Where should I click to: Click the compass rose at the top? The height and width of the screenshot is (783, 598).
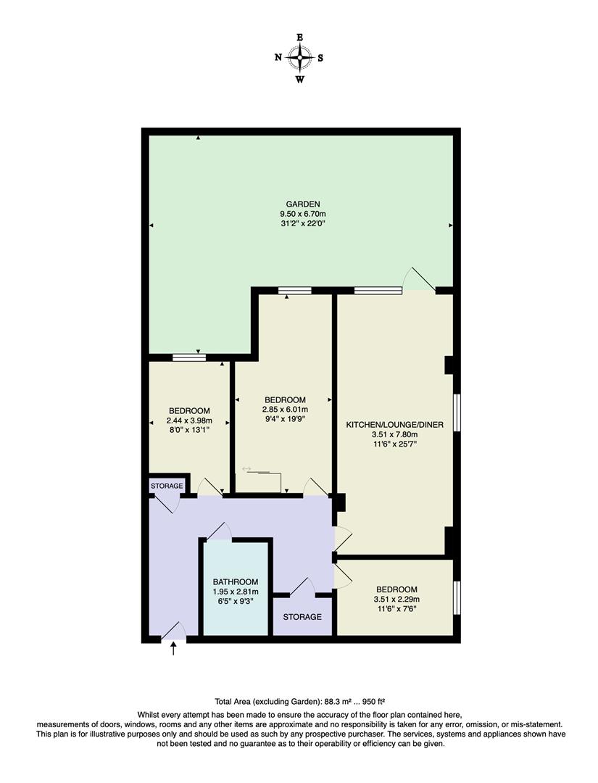click(299, 57)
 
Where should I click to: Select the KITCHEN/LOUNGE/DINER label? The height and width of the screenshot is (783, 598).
click(394, 424)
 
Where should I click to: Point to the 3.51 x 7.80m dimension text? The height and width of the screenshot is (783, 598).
click(394, 435)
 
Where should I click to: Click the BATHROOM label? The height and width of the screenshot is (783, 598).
click(236, 582)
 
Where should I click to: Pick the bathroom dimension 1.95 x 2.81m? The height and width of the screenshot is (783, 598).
click(236, 592)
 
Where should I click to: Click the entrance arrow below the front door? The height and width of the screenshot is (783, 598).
click(173, 650)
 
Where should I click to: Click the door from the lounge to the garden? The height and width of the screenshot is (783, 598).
click(420, 280)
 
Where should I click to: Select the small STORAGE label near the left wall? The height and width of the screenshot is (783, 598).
click(166, 485)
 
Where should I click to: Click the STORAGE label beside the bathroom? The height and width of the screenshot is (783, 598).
click(302, 617)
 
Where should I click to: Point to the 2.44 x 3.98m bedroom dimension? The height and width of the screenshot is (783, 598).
click(189, 421)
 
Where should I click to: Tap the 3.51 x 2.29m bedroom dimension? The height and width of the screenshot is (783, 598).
click(396, 600)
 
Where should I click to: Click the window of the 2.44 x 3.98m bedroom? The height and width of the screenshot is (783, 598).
click(189, 357)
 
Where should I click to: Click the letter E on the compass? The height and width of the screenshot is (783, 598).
click(299, 37)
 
